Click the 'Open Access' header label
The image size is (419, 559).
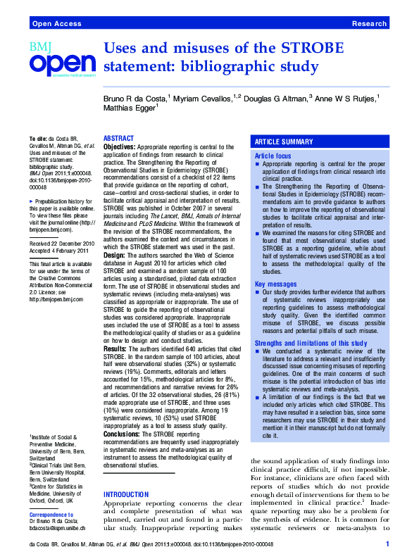54,24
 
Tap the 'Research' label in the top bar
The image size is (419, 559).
369,24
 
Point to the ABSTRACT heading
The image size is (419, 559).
118,138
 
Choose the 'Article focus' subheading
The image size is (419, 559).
273,155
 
